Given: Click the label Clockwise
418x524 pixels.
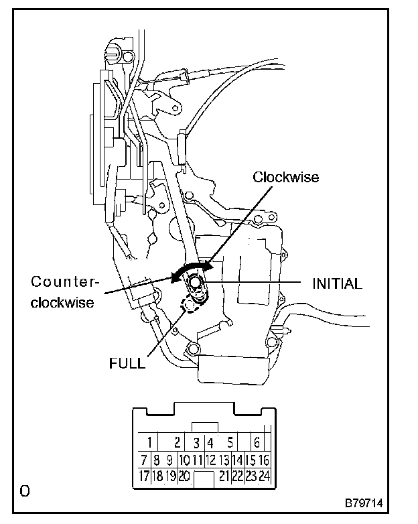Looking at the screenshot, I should (286, 178).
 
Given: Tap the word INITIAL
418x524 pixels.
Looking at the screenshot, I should (338, 283).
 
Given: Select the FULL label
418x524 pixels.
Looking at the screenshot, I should (127, 364).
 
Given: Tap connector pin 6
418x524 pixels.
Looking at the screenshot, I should (256, 442).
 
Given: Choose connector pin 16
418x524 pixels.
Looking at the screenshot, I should (263, 460).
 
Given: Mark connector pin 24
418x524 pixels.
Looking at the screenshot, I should (263, 476).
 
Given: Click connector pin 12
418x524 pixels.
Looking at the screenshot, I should (210, 460).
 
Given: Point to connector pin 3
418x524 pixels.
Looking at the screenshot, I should (196, 442).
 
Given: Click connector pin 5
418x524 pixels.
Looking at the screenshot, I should (230, 442).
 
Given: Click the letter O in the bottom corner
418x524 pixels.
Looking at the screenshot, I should (25, 492).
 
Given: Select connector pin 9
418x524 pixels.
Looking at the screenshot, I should (169, 460).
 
